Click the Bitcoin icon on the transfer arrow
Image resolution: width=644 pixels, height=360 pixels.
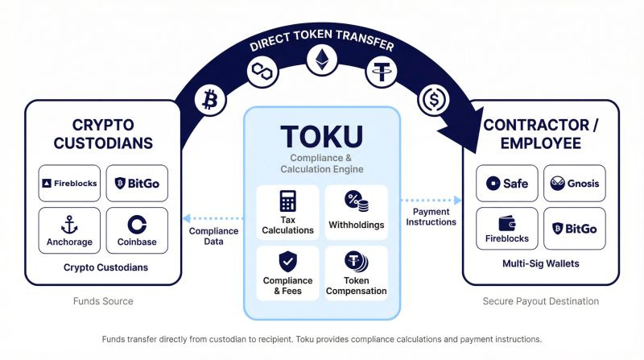(x=210, y=100)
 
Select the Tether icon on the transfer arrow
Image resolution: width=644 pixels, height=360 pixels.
(x=381, y=72)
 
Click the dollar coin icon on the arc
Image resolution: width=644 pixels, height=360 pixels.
(x=433, y=101)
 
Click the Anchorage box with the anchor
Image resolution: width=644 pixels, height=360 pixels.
(x=69, y=230)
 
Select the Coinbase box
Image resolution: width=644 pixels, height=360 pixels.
(x=137, y=230)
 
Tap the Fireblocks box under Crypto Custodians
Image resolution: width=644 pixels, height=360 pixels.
(x=69, y=184)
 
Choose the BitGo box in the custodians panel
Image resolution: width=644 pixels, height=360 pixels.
(x=137, y=184)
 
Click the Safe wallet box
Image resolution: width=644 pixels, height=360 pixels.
(x=507, y=184)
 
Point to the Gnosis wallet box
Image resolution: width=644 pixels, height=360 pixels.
(x=575, y=184)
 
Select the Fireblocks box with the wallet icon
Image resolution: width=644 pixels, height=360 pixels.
(x=507, y=229)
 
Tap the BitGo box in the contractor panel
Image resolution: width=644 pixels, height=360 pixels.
(x=575, y=229)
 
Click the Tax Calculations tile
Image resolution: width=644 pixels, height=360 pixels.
(x=287, y=213)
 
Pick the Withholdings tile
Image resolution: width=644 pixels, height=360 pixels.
(x=356, y=213)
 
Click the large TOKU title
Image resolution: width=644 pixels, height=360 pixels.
(x=321, y=134)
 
